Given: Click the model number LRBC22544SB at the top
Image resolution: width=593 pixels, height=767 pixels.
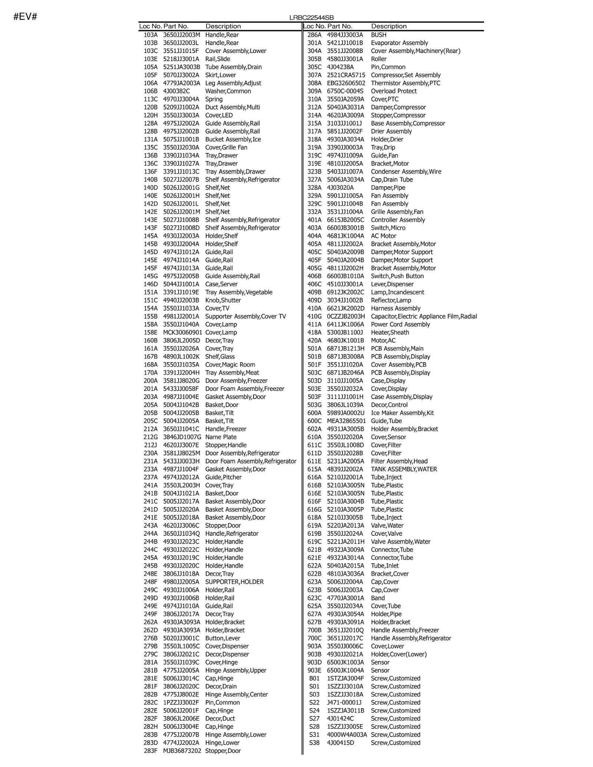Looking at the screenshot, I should [x=311, y=18].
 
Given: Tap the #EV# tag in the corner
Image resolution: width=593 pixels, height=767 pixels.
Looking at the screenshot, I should [x=25, y=17].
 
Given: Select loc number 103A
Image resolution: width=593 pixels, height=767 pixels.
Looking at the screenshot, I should [x=150, y=35].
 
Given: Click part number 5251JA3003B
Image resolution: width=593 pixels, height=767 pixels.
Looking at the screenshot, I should [x=182, y=67].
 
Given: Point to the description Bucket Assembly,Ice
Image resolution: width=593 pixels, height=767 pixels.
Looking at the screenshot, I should [x=233, y=139].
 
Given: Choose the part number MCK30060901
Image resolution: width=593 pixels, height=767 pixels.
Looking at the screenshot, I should [x=183, y=333].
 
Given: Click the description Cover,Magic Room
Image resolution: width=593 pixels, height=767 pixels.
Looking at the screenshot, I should [x=230, y=364].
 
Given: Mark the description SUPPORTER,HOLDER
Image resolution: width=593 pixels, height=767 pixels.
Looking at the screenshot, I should [x=235, y=582].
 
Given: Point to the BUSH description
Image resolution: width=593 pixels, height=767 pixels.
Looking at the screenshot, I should [x=379, y=35].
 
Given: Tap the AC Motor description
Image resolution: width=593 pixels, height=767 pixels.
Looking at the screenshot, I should [x=384, y=236].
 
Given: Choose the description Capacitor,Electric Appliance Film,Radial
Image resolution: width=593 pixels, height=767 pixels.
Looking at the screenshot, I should [x=424, y=316].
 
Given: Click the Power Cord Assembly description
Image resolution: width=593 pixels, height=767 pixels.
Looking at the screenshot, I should [x=400, y=324].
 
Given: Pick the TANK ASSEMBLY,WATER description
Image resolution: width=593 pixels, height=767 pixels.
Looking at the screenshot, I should [x=404, y=469].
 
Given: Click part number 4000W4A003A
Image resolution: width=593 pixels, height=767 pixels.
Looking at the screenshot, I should [x=347, y=735].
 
